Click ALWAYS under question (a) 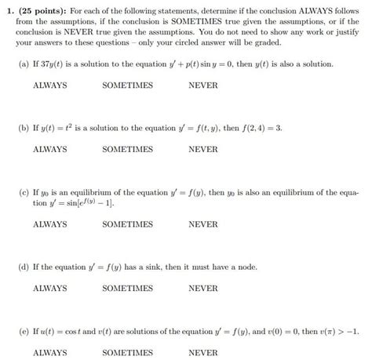49,85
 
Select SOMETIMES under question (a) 127,85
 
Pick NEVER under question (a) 203,85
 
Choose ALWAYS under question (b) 49,148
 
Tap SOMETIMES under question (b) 127,148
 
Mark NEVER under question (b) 203,148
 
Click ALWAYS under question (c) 49,224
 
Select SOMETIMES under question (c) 127,224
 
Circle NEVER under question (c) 203,224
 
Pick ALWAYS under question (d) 49,288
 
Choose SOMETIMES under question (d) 127,288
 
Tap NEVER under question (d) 203,288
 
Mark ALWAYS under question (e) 49,352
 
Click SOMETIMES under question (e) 127,352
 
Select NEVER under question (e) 203,352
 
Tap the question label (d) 25,266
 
